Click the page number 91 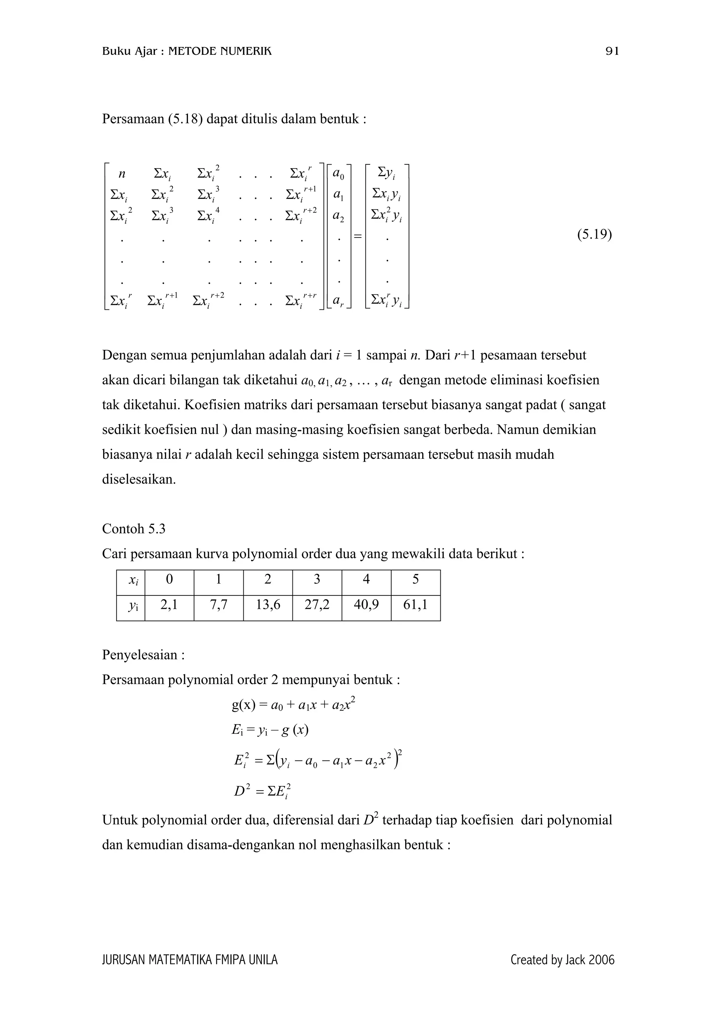click(612, 52)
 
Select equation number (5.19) click(594, 235)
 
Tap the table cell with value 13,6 click(267, 605)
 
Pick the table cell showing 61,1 click(415, 605)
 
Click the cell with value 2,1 click(169, 605)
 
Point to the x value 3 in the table click(317, 579)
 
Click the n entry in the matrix click(122, 174)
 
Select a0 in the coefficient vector click(338, 174)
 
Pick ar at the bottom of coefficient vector click(338, 301)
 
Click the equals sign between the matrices click(358, 237)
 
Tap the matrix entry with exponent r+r click(301, 300)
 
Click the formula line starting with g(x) click(293, 705)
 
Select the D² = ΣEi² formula click(263, 791)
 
